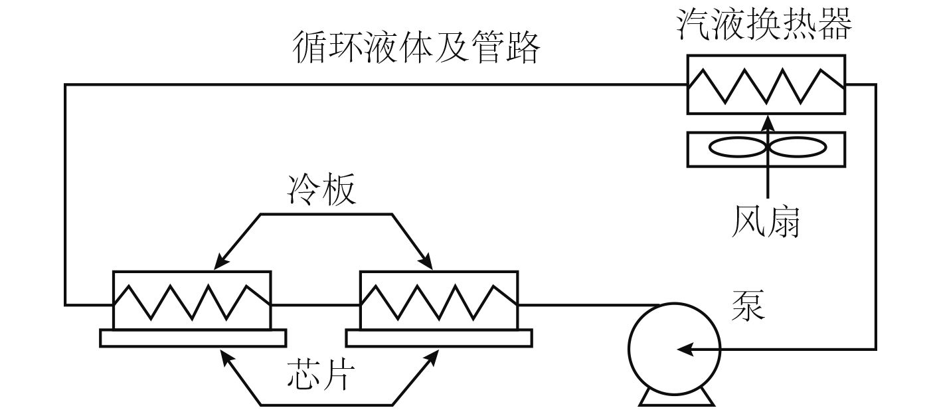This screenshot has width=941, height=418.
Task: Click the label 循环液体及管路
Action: tap(416, 49)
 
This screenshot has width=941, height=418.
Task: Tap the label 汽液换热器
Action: tap(764, 25)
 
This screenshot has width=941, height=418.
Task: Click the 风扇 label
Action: tap(766, 221)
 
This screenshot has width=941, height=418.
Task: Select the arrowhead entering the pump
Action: tap(685, 349)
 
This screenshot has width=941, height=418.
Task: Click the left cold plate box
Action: tap(192, 300)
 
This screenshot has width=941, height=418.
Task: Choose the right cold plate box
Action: tap(438, 300)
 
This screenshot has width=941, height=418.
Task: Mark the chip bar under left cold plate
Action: tap(193, 338)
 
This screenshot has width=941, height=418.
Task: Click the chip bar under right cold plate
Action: tap(439, 338)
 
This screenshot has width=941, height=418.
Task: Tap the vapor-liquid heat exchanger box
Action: tap(766, 84)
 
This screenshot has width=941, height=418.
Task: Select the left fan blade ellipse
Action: tap(738, 148)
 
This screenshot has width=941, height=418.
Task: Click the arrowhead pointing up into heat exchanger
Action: tap(768, 121)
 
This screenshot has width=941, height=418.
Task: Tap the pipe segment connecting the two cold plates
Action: tap(315, 305)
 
